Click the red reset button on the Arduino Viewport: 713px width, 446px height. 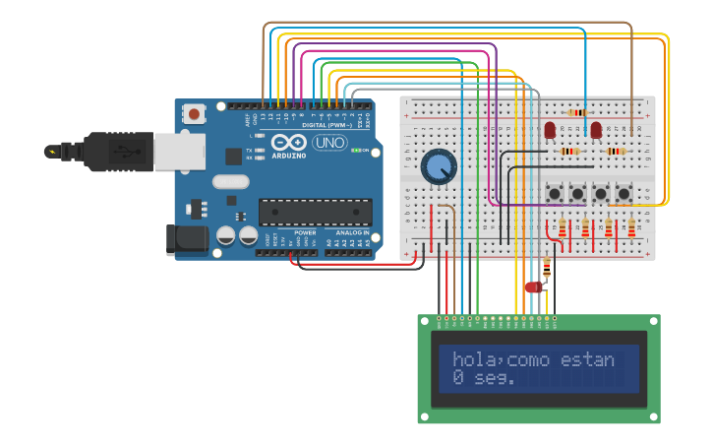[x=194, y=114]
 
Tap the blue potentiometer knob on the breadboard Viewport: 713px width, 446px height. [x=439, y=167]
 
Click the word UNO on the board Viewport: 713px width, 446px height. [x=329, y=143]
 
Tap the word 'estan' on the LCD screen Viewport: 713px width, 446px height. [x=587, y=359]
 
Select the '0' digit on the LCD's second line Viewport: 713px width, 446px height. [x=458, y=377]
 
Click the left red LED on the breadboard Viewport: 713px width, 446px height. [x=550, y=130]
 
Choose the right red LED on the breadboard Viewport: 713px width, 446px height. [x=596, y=130]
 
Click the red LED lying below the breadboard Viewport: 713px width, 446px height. [x=533, y=287]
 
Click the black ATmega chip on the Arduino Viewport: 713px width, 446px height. [x=315, y=211]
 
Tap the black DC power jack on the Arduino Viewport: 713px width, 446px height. [x=188, y=239]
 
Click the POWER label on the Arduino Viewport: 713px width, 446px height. [x=305, y=232]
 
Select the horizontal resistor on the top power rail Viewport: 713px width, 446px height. [x=578, y=112]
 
